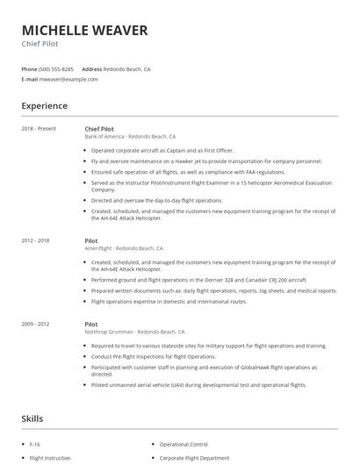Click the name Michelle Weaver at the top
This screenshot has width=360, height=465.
84,31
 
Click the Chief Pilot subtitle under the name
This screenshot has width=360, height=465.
40,44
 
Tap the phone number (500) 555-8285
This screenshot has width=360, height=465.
56,68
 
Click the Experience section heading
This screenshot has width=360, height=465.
44,106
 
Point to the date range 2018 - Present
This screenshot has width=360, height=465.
39,129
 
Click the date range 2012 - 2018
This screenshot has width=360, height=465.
36,240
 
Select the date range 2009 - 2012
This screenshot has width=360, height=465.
36,325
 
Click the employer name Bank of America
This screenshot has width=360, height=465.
104,137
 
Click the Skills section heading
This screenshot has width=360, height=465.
32,419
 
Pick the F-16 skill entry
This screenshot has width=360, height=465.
35,445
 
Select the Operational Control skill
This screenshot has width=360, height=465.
184,445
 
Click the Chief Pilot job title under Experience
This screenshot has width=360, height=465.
98,129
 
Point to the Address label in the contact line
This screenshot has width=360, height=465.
91,68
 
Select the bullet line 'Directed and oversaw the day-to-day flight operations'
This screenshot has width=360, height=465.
156,200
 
